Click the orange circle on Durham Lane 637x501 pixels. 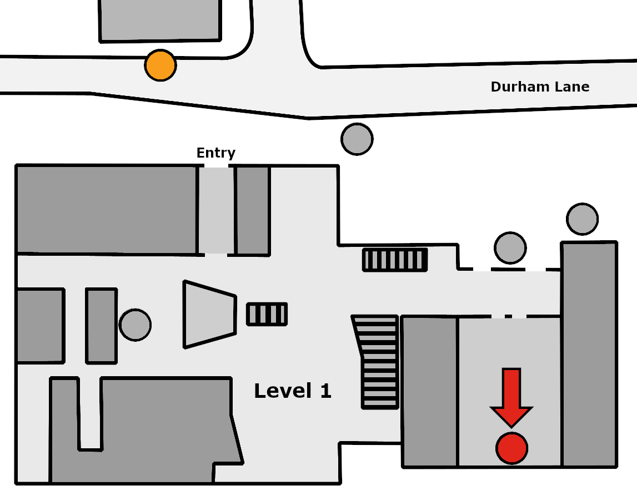[160, 65]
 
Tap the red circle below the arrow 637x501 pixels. [512, 448]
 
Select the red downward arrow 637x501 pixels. [511, 397]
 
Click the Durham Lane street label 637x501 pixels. [540, 87]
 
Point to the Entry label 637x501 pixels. [215, 153]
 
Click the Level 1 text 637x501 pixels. [293, 391]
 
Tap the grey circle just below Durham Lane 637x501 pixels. [357, 139]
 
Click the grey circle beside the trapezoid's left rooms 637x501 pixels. [136, 325]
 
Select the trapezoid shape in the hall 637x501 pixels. [209, 314]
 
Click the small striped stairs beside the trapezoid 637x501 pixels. [267, 314]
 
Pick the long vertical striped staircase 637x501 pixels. [377, 362]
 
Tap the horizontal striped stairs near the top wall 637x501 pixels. [395, 260]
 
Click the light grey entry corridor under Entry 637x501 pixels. [216, 210]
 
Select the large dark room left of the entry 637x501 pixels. [107, 210]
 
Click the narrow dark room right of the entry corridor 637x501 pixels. [253, 210]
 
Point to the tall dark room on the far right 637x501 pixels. [589, 355]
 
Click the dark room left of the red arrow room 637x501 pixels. [430, 391]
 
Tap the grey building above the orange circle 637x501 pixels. [160, 21]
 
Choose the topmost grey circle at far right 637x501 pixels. [582, 219]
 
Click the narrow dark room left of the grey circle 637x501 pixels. [102, 326]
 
